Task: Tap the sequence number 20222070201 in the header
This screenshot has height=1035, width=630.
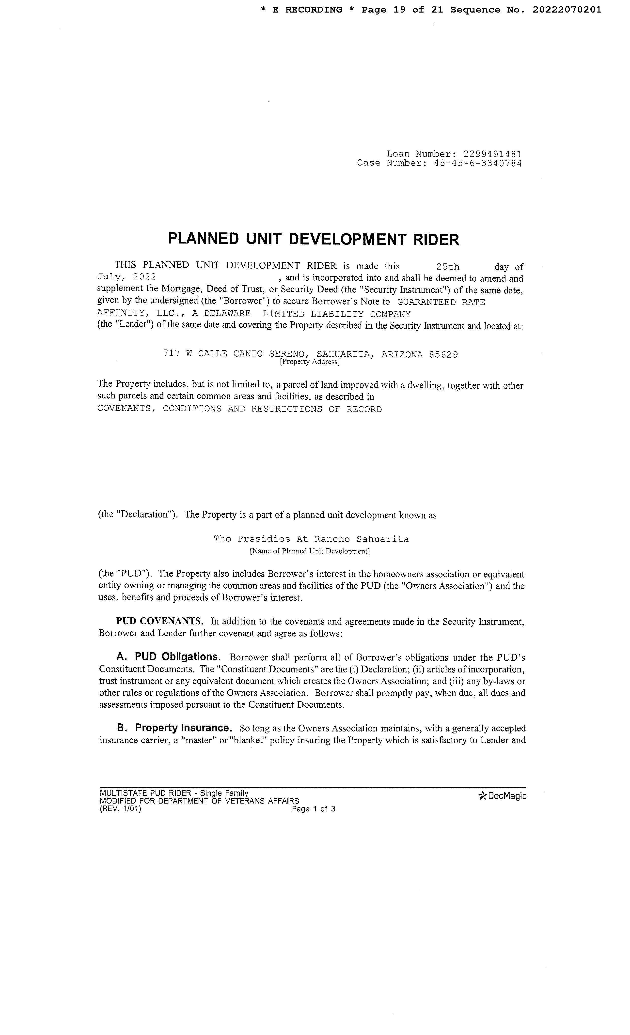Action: [567, 10]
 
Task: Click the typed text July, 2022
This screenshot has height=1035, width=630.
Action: [126, 277]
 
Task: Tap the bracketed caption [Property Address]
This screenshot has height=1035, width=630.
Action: [309, 362]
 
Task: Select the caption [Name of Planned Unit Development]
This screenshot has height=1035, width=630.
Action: [309, 551]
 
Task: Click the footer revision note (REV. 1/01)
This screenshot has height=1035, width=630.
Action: [121, 809]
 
